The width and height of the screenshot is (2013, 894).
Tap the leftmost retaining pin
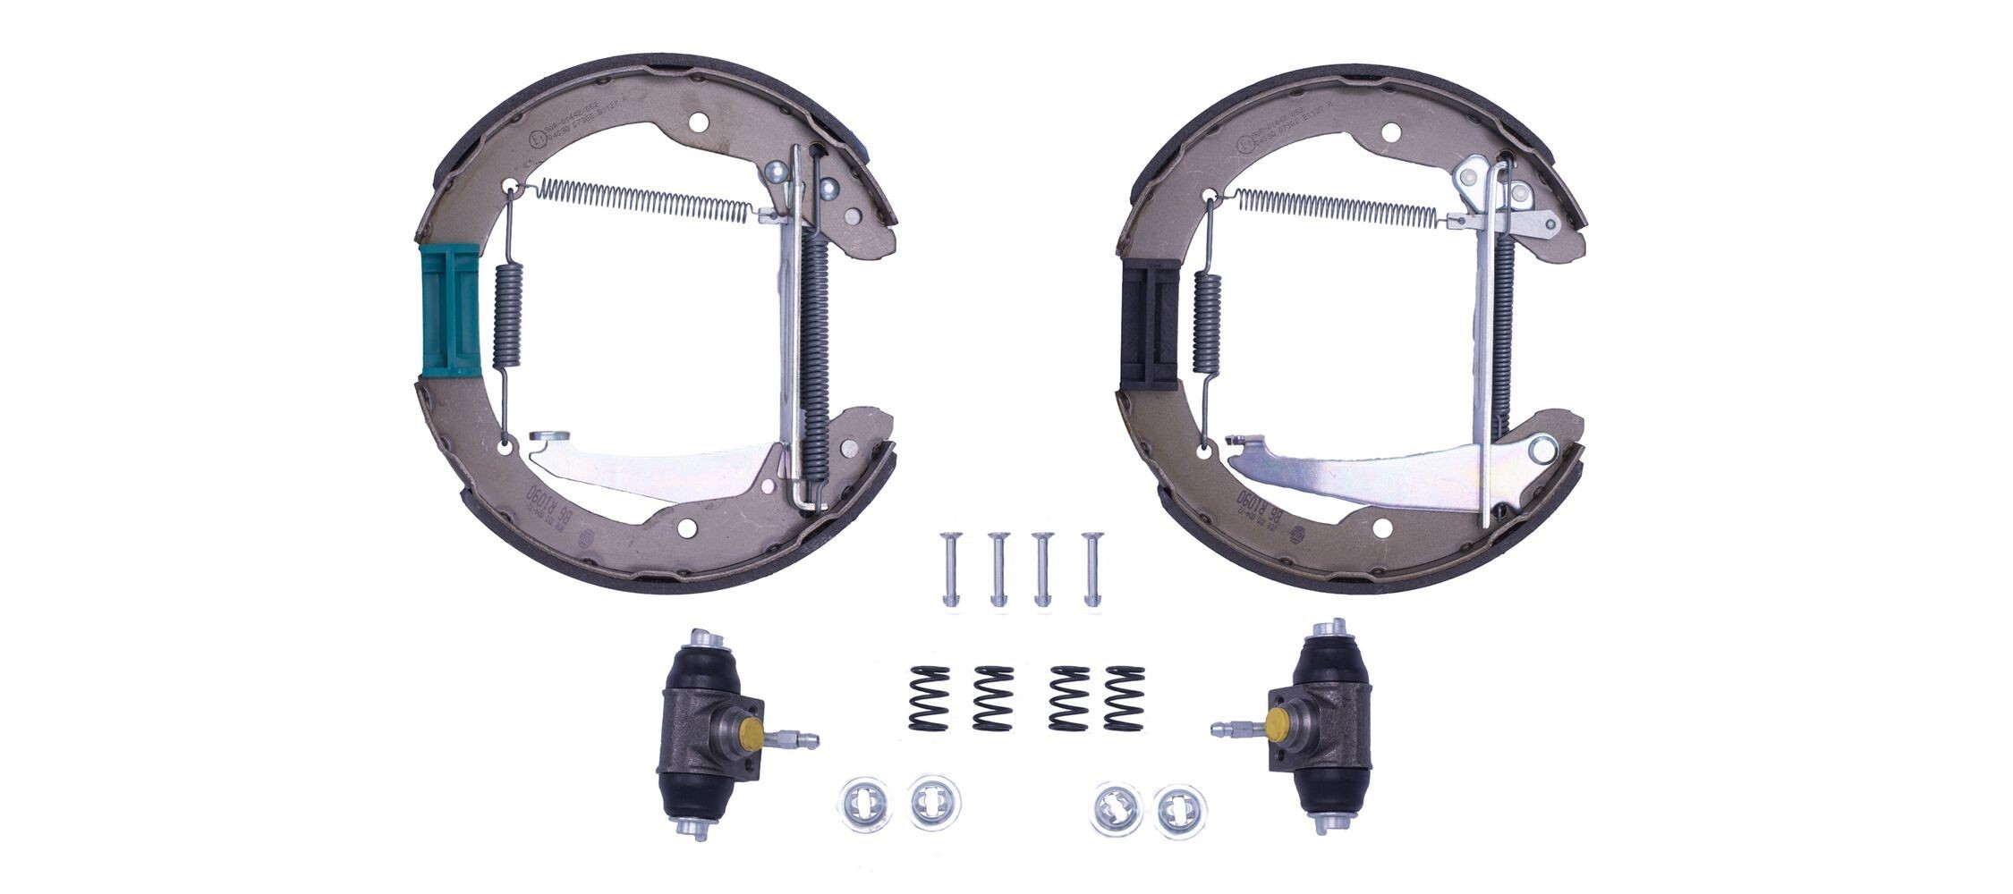pyautogui.click(x=950, y=569)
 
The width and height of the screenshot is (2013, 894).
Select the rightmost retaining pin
pyautogui.click(x=1091, y=569)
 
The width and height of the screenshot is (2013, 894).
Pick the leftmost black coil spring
pyautogui.click(x=929, y=698)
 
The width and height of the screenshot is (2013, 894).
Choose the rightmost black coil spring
pyautogui.click(x=1125, y=698)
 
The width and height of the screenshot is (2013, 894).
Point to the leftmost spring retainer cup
pyautogui.click(x=864, y=803)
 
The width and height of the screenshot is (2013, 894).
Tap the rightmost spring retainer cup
pyautogui.click(x=1179, y=809)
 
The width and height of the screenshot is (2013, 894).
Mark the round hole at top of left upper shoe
pyautogui.click(x=699, y=122)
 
